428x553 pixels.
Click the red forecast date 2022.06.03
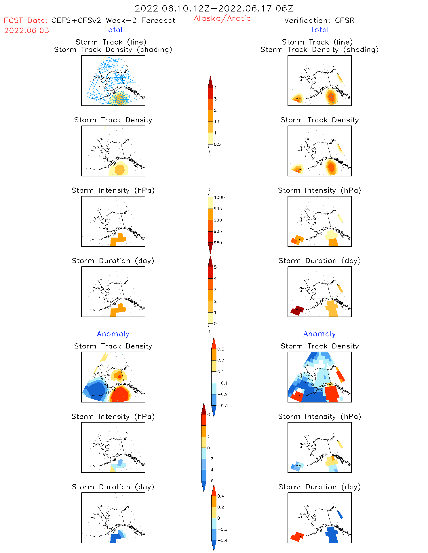tap(26, 30)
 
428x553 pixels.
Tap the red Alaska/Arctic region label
tap(222, 18)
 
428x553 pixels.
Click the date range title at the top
tap(214, 8)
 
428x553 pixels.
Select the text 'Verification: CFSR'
tap(319, 20)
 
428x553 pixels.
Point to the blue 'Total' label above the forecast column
tap(113, 30)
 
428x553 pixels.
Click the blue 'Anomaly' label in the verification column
tap(319, 334)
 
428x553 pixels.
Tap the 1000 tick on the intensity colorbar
tap(219, 197)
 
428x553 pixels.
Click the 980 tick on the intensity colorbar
tap(218, 243)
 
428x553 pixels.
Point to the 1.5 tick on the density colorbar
tap(217, 122)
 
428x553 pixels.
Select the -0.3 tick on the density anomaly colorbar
tap(222, 406)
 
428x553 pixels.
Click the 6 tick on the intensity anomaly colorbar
tap(209, 415)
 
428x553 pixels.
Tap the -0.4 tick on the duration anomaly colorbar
tap(222, 540)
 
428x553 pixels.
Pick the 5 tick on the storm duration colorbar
tap(215, 267)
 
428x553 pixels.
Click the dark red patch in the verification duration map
tap(297, 310)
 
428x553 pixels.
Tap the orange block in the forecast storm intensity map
tap(118, 239)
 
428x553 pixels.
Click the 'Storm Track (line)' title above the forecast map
tap(111, 42)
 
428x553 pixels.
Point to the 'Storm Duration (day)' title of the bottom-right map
tap(319, 487)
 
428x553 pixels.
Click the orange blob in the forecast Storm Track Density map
tap(119, 169)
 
